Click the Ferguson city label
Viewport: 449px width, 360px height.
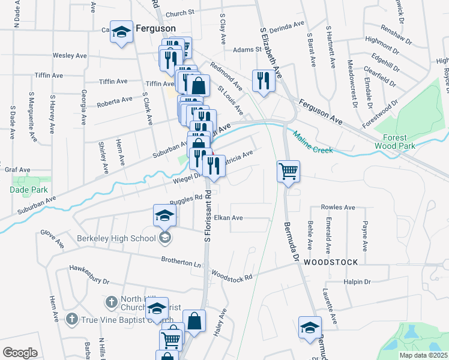point(155,28)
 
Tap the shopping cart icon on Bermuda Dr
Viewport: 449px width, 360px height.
point(288,171)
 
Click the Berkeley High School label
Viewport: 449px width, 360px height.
point(116,238)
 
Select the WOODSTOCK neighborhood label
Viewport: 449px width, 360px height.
point(330,262)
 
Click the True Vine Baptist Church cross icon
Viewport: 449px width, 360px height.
point(71,318)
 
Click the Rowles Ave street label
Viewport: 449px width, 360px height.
point(339,207)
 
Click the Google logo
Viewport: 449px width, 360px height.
point(20,352)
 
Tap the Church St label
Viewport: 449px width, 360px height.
point(180,13)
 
